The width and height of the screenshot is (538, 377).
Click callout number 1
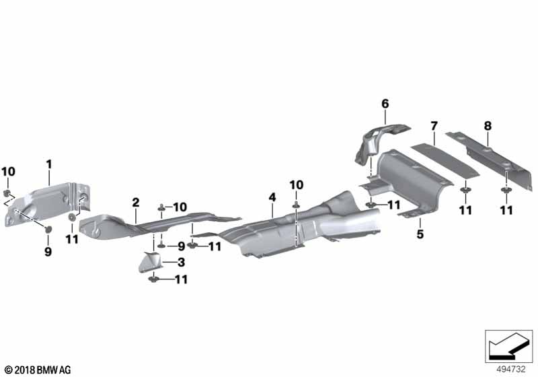coord(49,164)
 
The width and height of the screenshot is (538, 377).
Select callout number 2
coord(136,202)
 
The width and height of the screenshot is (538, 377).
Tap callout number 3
coord(181,263)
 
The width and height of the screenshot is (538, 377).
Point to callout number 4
coord(272,197)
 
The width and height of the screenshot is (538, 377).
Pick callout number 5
coord(420,234)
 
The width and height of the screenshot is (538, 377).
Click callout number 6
coord(385,104)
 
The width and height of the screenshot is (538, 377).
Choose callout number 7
coord(434,126)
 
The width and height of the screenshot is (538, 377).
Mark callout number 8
coord(488,126)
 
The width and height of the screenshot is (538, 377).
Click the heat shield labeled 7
coord(445,161)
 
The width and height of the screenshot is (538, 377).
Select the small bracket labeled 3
coord(150,262)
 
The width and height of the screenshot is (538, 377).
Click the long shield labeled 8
coord(489,160)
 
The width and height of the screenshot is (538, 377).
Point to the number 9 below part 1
coord(48,252)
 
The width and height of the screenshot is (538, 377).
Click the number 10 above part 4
coord(297,185)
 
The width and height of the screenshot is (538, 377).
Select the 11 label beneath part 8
coord(506,210)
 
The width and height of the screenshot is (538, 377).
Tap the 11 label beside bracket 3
coord(181,279)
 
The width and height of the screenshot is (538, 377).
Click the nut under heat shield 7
coord(465,191)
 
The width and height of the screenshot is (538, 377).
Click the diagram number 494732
coord(511,370)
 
